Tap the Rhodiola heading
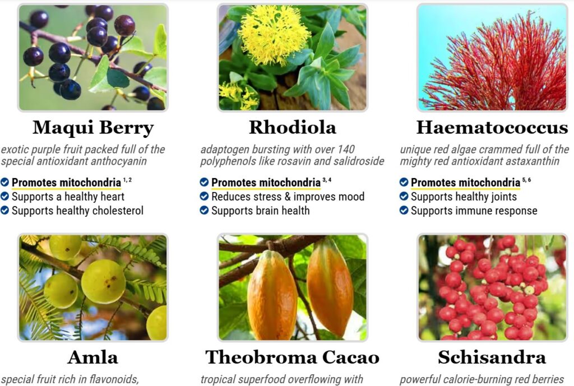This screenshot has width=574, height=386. (293, 127)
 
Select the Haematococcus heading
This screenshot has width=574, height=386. (492, 127)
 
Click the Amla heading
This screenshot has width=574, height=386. (93, 357)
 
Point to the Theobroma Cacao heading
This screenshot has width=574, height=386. (293, 357)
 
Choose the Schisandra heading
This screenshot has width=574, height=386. (492, 357)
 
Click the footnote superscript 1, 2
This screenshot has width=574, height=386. (127, 180)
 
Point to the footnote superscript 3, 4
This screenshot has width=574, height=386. (327, 180)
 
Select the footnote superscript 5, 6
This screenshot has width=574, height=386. (526, 180)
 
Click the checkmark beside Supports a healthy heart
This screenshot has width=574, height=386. (4, 197)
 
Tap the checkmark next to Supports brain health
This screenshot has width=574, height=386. (204, 211)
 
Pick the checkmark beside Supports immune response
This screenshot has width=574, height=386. (404, 211)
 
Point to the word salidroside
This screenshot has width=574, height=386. (359, 161)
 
